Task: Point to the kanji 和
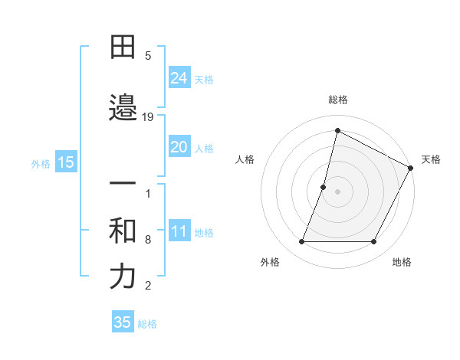(123, 231)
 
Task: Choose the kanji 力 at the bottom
(123, 277)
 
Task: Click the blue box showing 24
(179, 78)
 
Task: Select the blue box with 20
(179, 147)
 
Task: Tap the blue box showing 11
(179, 232)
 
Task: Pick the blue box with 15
(66, 162)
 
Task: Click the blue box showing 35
(123, 322)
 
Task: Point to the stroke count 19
(148, 116)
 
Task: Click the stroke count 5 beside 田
(148, 56)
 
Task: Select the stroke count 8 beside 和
(148, 240)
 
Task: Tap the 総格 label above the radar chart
(338, 100)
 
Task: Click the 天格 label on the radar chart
(431, 159)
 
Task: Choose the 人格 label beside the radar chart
(245, 159)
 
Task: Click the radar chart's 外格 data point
(302, 242)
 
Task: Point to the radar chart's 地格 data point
(374, 242)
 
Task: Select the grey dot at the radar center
(338, 191)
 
